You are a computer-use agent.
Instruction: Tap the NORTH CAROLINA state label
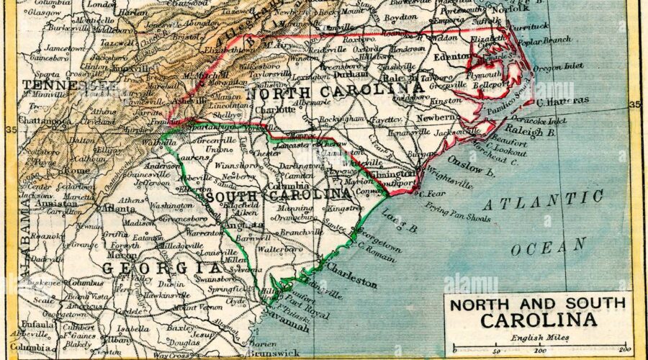tap(335, 92)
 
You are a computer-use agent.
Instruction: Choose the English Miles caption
tap(538, 338)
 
